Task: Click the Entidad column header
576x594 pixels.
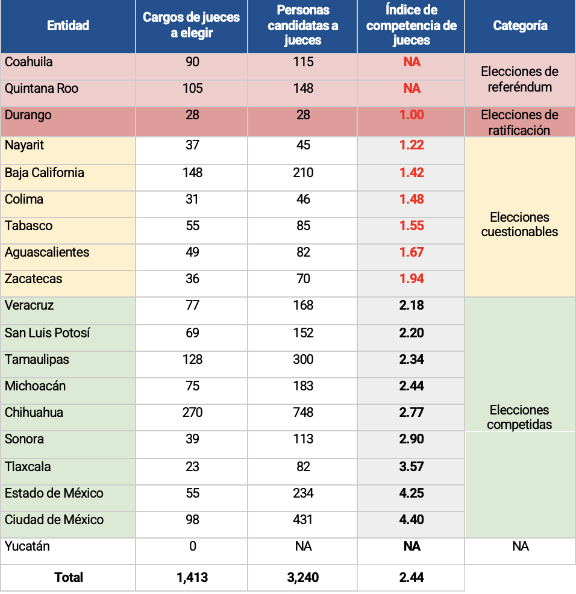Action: (x=68, y=25)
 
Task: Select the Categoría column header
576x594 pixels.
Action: (x=521, y=25)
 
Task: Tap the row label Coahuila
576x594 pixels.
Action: (x=28, y=61)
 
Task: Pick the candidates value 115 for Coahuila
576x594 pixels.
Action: (x=303, y=61)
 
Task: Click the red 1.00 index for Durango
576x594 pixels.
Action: (x=412, y=115)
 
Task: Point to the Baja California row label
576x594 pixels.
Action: (x=45, y=173)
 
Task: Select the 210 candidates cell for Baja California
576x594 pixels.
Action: (x=303, y=173)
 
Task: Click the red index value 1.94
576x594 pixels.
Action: (x=412, y=279)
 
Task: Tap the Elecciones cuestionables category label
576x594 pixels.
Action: (x=519, y=224)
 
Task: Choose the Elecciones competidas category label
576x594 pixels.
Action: (x=519, y=417)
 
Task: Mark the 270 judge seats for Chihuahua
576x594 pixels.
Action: (x=193, y=412)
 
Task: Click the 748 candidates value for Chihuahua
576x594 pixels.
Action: (x=303, y=412)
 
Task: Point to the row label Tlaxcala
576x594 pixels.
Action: (x=28, y=466)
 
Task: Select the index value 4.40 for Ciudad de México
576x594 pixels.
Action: (x=412, y=519)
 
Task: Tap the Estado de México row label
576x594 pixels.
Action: (x=54, y=493)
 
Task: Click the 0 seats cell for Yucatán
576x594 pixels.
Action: (x=193, y=546)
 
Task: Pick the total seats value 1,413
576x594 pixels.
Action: (x=192, y=577)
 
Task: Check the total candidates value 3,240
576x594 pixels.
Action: (x=303, y=577)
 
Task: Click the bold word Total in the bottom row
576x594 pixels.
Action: (x=69, y=577)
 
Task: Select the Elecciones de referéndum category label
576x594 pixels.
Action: (x=519, y=79)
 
